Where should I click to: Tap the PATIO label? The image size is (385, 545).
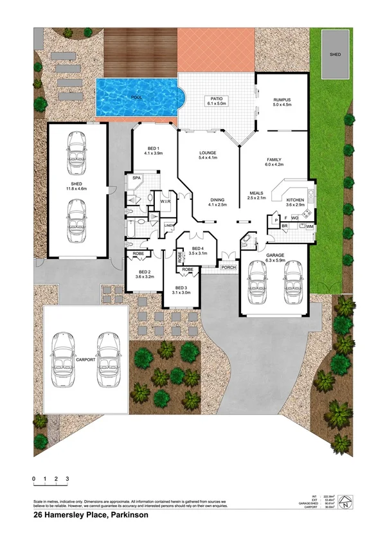tap(213, 98)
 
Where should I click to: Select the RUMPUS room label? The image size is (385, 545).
tap(282, 100)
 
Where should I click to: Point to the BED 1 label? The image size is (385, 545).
tap(153, 148)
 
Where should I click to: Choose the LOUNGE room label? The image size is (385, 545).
tap(208, 152)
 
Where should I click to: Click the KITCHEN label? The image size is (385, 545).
tap(295, 201)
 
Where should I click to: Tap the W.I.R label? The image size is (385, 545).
tap(165, 200)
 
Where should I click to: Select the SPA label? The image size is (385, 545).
tap(136, 177)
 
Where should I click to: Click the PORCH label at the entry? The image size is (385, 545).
tap(228, 267)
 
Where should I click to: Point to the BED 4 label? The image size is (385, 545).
tap(197, 248)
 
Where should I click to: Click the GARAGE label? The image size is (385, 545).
tap(275, 255)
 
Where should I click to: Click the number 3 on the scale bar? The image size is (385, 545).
tap(67, 479)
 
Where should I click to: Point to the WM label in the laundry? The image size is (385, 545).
tap(309, 227)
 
